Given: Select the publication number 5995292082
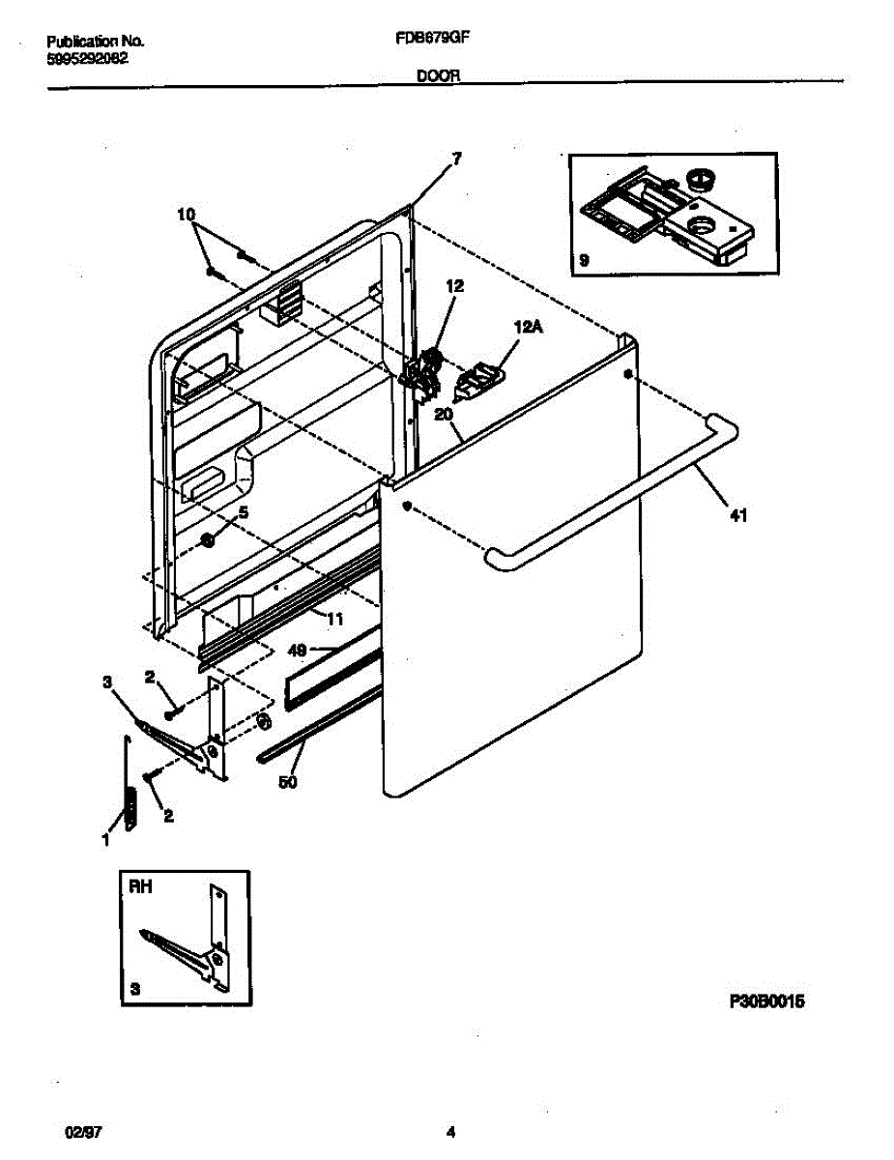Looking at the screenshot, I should point(88,57).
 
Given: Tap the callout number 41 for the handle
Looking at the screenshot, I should point(738,516).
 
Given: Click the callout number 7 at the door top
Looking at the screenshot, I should point(456,158).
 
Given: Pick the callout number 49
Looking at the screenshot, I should point(300,651).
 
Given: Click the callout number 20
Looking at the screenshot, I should point(445,414).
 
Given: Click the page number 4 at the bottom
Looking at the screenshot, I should point(449,1132).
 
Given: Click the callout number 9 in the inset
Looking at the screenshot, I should point(584,260).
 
